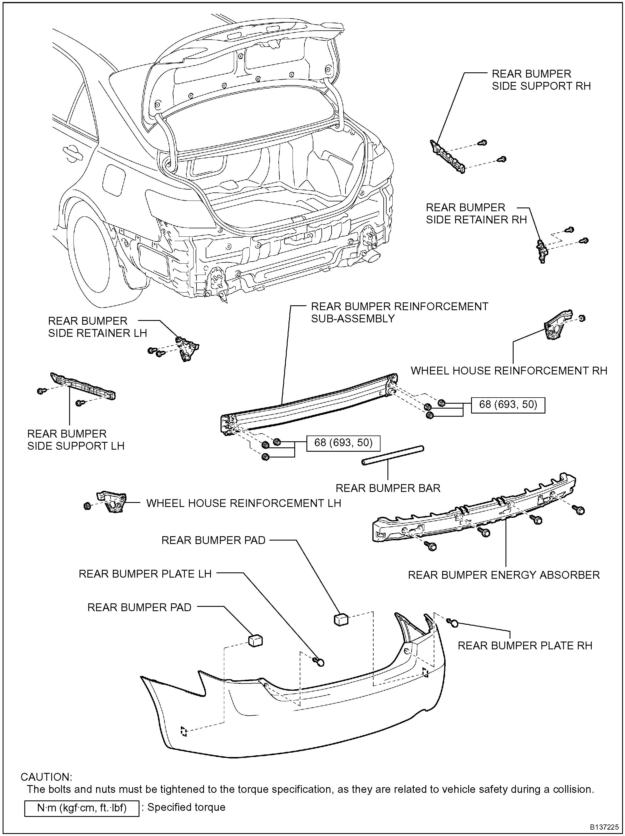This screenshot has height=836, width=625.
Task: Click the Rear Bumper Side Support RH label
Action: point(541,80)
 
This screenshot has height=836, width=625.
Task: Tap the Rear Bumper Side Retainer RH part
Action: point(542,250)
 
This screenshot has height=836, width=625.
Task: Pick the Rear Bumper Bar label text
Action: point(388,488)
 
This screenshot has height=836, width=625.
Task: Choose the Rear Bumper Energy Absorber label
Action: point(504,575)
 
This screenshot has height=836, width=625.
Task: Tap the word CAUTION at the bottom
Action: point(46,777)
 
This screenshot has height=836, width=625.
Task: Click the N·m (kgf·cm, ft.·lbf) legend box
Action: point(82,808)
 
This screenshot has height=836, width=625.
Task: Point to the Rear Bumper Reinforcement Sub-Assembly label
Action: point(399,312)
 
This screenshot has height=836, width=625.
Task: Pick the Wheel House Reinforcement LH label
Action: point(243,503)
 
